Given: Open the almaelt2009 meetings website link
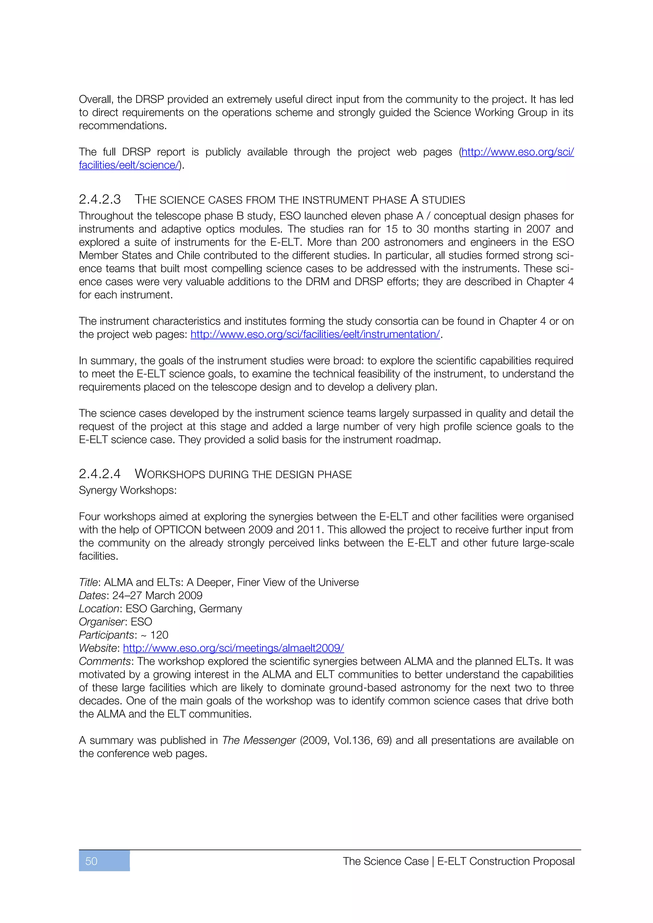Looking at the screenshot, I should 233,648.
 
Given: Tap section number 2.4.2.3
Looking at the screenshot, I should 100,200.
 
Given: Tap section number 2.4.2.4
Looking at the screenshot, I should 100,474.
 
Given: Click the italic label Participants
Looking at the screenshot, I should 106,635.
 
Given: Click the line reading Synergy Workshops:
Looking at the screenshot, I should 128,491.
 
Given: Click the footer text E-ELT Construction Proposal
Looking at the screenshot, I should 505,861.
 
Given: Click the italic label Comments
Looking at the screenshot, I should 105,661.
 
